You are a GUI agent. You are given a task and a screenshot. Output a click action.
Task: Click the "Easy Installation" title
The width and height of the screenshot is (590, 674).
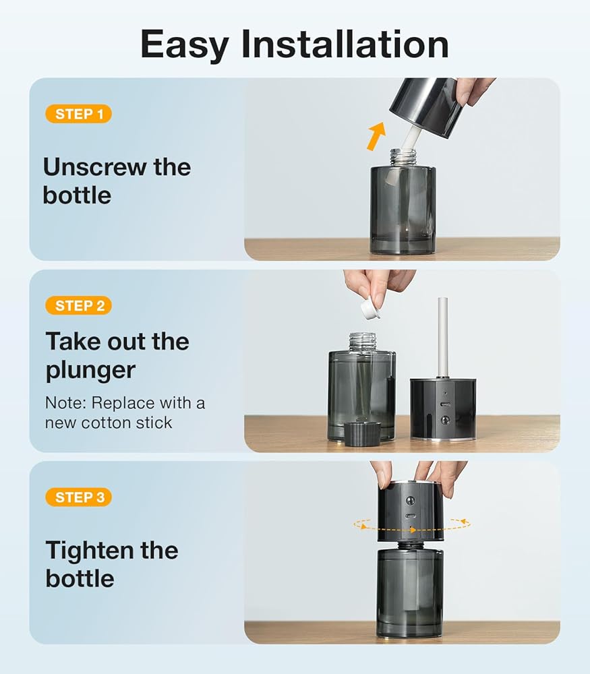point(295,44)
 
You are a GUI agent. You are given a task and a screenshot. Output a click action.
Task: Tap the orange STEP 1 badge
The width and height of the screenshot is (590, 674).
point(79,114)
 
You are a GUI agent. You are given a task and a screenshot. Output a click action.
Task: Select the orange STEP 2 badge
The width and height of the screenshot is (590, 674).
point(79,305)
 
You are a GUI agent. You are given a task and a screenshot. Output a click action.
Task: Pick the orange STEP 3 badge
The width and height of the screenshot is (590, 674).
point(79,497)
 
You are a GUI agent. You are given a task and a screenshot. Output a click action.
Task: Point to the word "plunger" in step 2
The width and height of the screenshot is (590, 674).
point(90,371)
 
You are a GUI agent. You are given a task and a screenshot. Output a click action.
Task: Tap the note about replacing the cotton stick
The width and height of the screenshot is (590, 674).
point(125,412)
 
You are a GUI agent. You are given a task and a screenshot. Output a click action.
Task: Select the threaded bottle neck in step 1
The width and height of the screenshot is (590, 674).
point(403,158)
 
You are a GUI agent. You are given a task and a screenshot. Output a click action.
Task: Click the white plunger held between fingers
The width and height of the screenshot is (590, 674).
point(370,309)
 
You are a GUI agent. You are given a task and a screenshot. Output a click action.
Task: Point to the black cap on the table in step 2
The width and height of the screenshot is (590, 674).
point(363,433)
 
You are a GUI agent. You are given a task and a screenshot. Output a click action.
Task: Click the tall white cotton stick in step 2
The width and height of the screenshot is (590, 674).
point(442,338)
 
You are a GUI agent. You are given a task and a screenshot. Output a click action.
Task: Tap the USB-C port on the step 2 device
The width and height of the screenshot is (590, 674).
point(445,405)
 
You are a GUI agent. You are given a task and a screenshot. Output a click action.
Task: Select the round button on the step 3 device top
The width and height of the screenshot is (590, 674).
point(411,501)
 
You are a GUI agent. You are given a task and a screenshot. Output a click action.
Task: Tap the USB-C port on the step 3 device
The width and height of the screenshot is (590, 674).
point(411,516)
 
